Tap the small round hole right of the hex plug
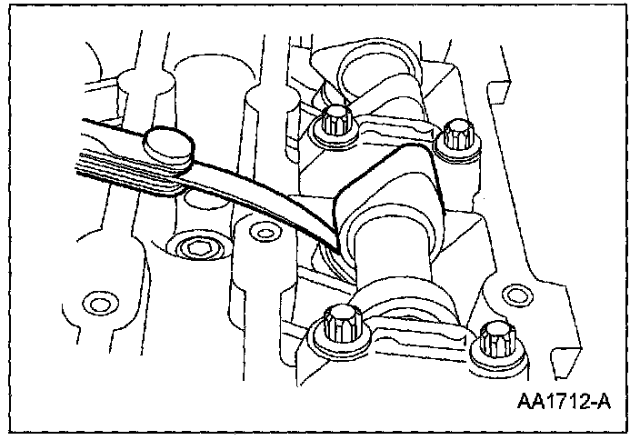[264, 234]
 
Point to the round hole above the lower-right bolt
[515, 293]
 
